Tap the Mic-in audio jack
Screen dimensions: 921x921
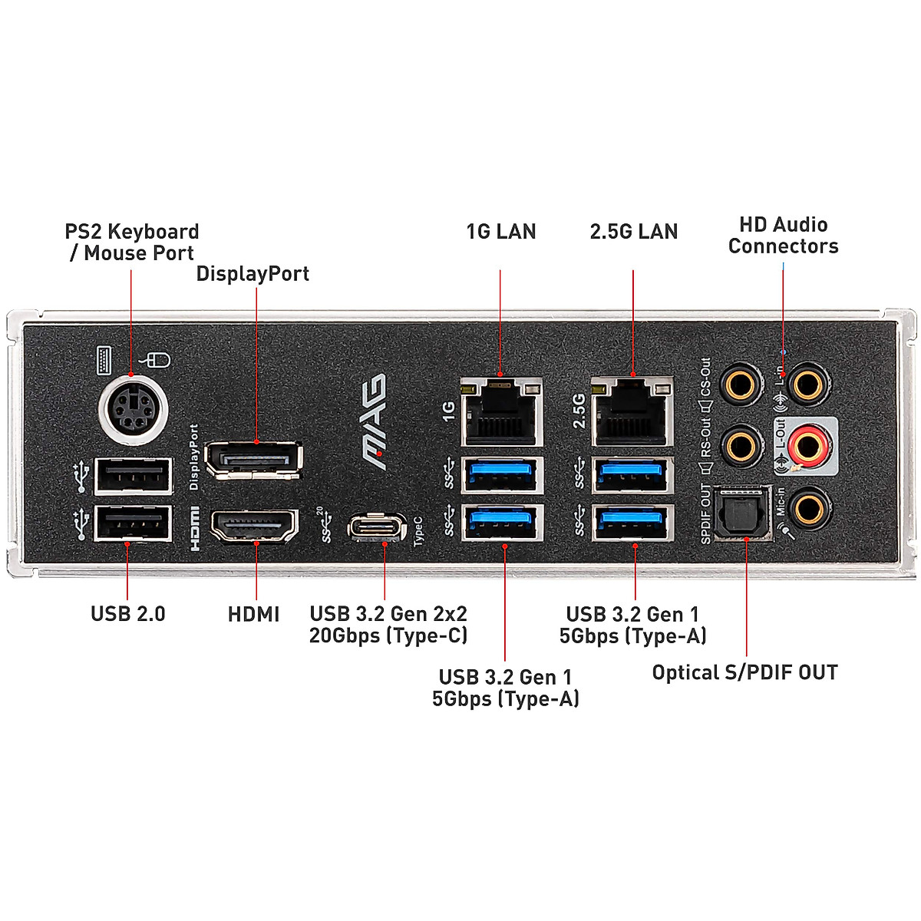(x=808, y=507)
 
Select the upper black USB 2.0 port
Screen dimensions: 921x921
(x=133, y=476)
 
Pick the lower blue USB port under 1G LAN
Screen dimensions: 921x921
(x=501, y=522)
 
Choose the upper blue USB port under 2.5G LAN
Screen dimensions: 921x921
(x=632, y=474)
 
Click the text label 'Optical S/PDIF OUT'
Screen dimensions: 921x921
(x=744, y=672)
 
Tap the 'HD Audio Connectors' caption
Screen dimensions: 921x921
(x=783, y=236)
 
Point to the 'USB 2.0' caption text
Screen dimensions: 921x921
(x=128, y=613)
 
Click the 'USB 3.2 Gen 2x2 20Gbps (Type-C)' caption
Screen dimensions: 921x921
(x=388, y=624)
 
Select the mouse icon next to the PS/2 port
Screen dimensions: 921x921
(x=157, y=359)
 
